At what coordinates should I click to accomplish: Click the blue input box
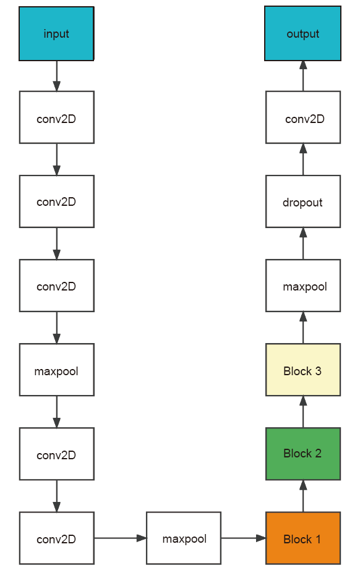coord(56,33)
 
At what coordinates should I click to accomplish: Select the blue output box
coord(302,33)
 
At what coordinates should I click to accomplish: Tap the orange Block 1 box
coord(303,538)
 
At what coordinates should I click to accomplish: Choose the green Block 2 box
coord(303,454)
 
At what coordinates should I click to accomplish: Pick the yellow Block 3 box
coord(303,370)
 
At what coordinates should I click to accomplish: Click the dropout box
coord(303,202)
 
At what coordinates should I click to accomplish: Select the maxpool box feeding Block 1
coord(184,538)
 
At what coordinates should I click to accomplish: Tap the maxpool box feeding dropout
coord(303,286)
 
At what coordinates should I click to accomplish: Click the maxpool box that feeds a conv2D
coord(57,370)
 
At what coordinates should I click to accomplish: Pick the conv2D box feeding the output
coord(303,117)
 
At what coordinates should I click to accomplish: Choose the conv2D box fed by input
coord(57,117)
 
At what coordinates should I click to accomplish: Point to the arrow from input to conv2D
coord(57,76)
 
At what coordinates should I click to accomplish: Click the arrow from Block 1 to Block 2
coord(303,496)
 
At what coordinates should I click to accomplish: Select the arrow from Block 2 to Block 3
coord(303,412)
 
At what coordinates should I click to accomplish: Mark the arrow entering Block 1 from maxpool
coord(243,538)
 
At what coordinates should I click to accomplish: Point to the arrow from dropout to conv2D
coord(303,159)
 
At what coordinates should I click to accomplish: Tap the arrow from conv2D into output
coord(303,76)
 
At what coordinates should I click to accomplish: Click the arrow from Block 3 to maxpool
coord(303,328)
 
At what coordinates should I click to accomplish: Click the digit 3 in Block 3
coord(318,371)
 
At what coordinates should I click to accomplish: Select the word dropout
coord(302,202)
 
